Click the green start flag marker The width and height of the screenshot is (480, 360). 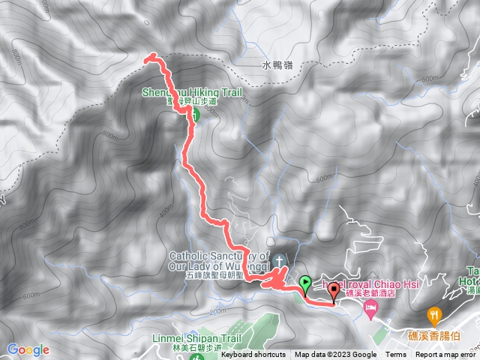(305, 283)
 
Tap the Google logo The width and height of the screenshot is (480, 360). (28, 349)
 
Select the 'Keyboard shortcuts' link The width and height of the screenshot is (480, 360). (253, 355)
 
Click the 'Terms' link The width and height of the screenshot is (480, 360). (396, 355)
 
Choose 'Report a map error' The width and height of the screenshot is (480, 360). (445, 355)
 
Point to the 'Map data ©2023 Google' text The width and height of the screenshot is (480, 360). (336, 355)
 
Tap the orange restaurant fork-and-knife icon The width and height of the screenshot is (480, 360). (433, 313)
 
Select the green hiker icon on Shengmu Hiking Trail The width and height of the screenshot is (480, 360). (193, 115)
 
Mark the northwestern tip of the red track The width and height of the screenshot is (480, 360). (146, 57)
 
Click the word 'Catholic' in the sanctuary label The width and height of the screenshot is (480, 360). (191, 255)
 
